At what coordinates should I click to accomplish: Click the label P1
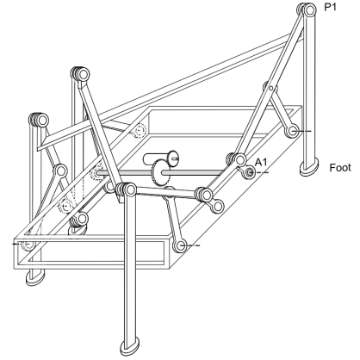(x=330, y=7)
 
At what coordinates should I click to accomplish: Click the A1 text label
(x=261, y=163)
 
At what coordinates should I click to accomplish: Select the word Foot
(x=340, y=168)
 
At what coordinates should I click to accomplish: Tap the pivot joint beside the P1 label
(x=309, y=10)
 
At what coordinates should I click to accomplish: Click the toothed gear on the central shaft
(x=160, y=173)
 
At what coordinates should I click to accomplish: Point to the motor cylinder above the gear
(x=161, y=158)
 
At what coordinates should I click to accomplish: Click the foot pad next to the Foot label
(x=309, y=167)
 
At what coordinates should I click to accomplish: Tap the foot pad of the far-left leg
(x=35, y=276)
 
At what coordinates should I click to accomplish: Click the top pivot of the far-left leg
(x=41, y=120)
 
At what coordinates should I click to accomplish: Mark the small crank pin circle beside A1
(x=249, y=172)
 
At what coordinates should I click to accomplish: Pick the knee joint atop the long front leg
(x=129, y=189)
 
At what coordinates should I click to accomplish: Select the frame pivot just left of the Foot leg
(x=292, y=131)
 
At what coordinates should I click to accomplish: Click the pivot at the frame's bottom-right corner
(x=180, y=245)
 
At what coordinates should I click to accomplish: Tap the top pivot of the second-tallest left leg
(x=83, y=75)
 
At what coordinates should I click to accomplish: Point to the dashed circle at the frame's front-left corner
(x=28, y=245)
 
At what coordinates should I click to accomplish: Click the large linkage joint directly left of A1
(x=239, y=159)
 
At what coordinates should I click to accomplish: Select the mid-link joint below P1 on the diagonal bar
(x=270, y=87)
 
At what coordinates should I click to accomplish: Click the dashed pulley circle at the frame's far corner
(x=140, y=131)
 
